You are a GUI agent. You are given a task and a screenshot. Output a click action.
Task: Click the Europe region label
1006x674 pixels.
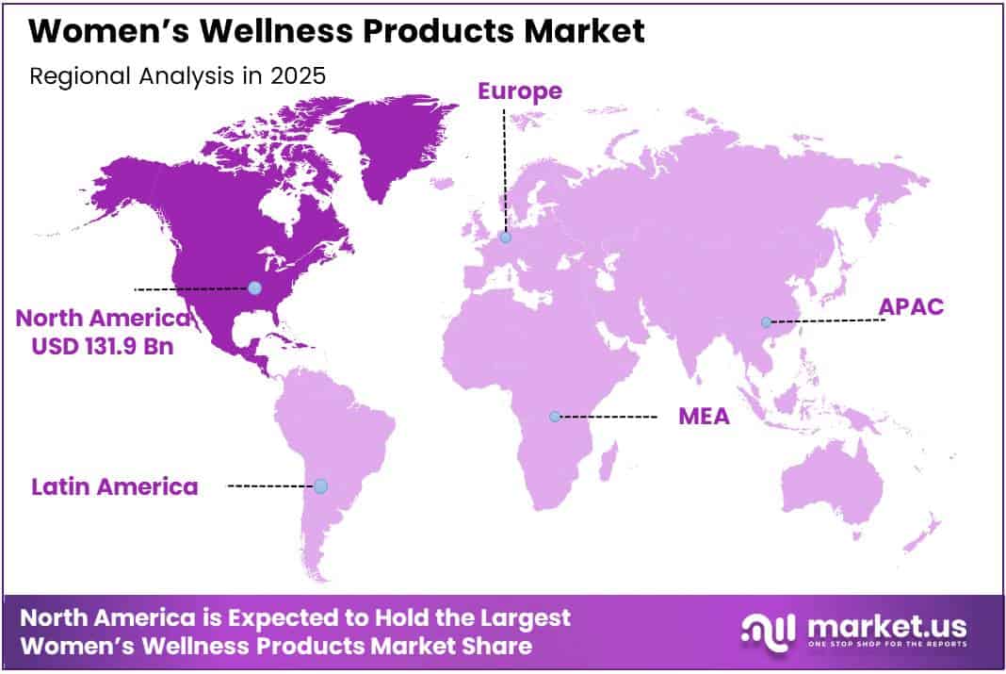(519, 91)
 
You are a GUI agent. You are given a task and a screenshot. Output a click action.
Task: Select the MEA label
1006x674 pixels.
(704, 416)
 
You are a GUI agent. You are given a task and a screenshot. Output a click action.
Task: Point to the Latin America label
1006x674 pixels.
(115, 486)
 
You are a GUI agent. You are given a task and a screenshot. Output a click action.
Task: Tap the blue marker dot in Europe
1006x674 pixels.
(506, 238)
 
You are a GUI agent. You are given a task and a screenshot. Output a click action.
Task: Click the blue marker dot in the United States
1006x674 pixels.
(254, 288)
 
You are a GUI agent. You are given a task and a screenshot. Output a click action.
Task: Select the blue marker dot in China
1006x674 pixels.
(766, 322)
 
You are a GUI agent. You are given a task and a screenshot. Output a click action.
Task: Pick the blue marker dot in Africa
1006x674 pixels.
(555, 416)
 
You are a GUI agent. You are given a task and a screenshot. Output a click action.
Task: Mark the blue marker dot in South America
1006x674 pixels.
(320, 486)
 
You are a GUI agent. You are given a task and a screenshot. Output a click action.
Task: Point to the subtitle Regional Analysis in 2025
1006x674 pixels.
(177, 76)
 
